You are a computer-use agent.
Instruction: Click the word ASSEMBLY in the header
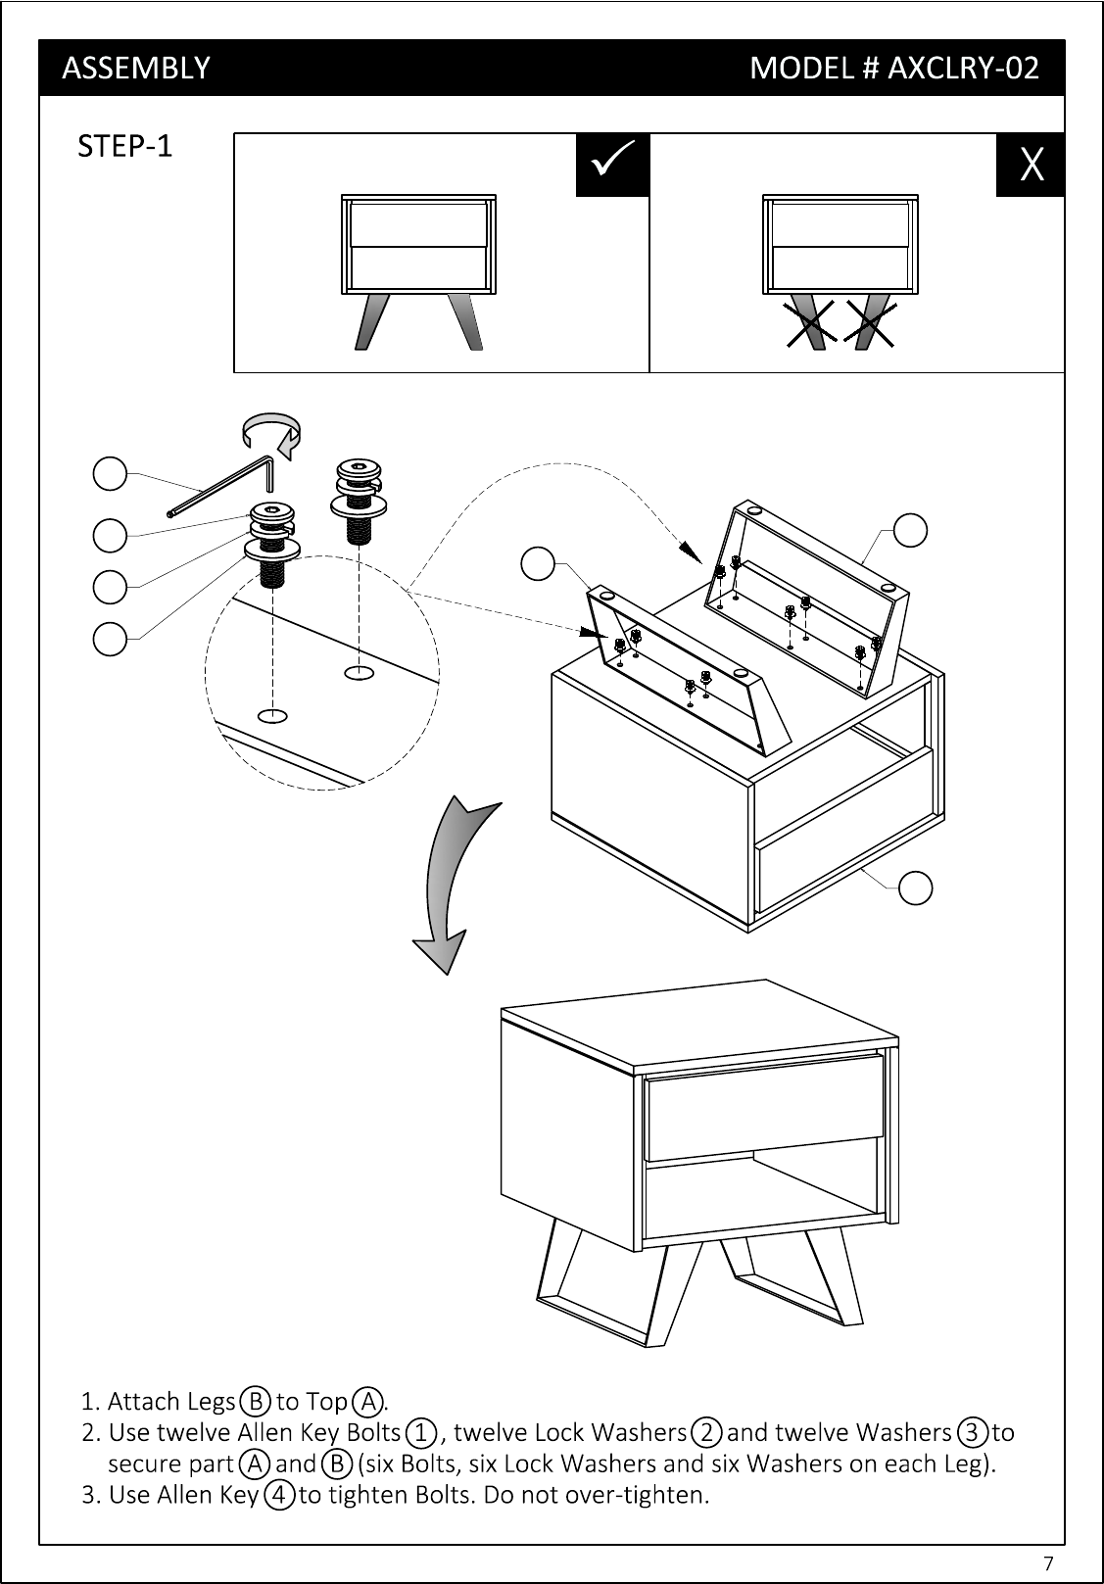[x=135, y=68]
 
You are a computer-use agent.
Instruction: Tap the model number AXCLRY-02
[x=962, y=68]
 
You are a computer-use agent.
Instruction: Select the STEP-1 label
[x=124, y=146]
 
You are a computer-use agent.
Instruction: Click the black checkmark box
[x=612, y=165]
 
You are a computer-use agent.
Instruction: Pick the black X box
[x=1031, y=165]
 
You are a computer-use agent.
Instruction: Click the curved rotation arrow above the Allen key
[x=272, y=433]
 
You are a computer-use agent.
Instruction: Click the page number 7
[x=1048, y=1561]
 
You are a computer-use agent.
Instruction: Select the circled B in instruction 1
[x=256, y=1401]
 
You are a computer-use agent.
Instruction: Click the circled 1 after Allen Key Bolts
[x=422, y=1432]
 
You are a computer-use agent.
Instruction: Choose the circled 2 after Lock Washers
[x=705, y=1432]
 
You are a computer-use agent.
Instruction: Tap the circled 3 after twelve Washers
[x=972, y=1432]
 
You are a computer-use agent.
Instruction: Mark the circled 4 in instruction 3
[x=279, y=1495]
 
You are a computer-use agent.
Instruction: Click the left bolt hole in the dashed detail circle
[x=273, y=714]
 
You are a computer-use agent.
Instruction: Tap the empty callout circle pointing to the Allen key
[x=110, y=474]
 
